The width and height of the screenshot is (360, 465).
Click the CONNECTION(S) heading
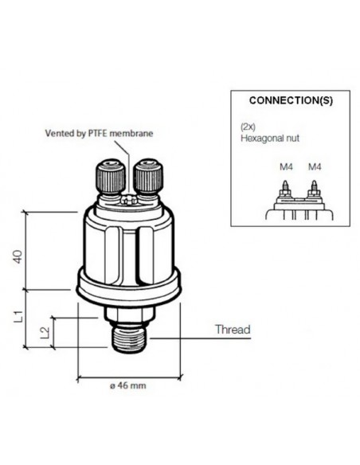coord(291,100)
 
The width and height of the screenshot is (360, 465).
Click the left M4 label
coord(286,167)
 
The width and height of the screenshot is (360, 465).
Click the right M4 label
coord(315,167)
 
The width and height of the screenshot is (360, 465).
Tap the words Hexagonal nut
coord(270,139)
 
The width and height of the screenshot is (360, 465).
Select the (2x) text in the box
coord(248,127)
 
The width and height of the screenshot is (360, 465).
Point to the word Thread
coord(233,330)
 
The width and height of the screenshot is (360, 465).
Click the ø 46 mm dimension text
coord(127,386)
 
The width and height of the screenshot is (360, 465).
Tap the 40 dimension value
coord(18,256)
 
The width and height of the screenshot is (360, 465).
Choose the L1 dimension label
coord(18,316)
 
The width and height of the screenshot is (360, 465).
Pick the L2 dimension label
coord(45,333)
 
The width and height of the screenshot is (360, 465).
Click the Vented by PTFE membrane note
coord(99,134)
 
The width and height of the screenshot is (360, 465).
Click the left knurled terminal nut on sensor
coord(110,177)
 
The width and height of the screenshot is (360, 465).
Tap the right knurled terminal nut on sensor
coord(148,177)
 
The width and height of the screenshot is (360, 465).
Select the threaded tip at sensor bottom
coord(129,339)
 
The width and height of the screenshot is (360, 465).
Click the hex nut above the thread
coord(129,315)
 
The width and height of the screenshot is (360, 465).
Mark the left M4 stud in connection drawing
coord(285,187)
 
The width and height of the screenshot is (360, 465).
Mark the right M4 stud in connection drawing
coord(314,187)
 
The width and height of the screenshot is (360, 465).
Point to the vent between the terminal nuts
coord(129,201)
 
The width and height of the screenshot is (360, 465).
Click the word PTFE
coord(98,134)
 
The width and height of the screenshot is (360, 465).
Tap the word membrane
coord(131,134)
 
